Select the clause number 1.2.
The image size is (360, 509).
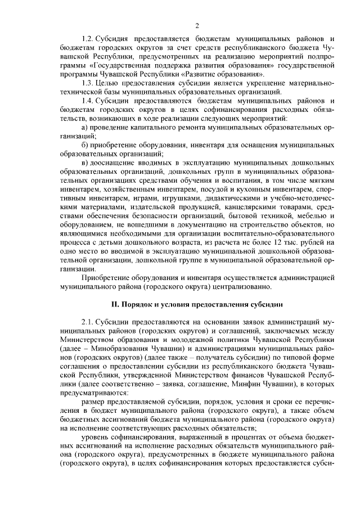(88, 39)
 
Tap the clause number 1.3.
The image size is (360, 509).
(88, 83)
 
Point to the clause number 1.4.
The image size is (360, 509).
(88, 100)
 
